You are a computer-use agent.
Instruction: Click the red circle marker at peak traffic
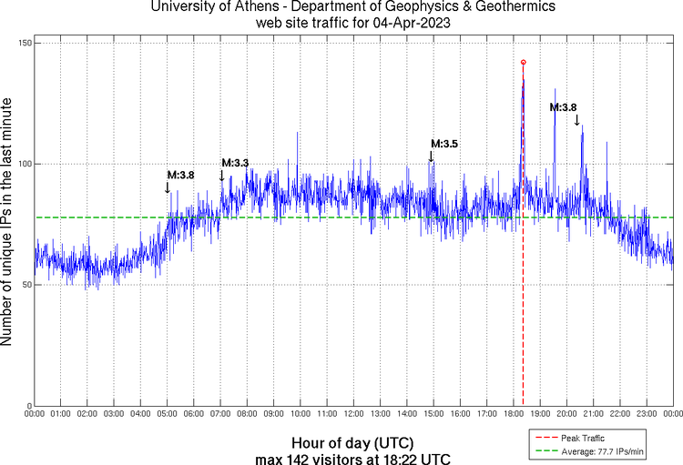click(x=523, y=62)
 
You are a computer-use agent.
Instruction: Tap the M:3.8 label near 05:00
click(x=180, y=174)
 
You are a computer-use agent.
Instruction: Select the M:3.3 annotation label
click(x=235, y=163)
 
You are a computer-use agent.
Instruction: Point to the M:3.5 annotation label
click(x=443, y=144)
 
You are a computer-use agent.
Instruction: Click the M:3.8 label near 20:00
click(x=563, y=107)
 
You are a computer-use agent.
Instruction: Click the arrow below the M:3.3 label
click(x=221, y=175)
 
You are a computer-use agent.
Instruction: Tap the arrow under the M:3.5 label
click(x=431, y=156)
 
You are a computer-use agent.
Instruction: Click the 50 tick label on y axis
click(x=25, y=285)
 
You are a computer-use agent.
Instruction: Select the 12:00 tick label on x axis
click(x=353, y=414)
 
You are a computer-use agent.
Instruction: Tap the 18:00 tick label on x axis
click(x=514, y=414)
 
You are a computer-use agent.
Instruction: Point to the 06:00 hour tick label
click(x=194, y=414)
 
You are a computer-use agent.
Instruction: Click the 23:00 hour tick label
click(x=647, y=414)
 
